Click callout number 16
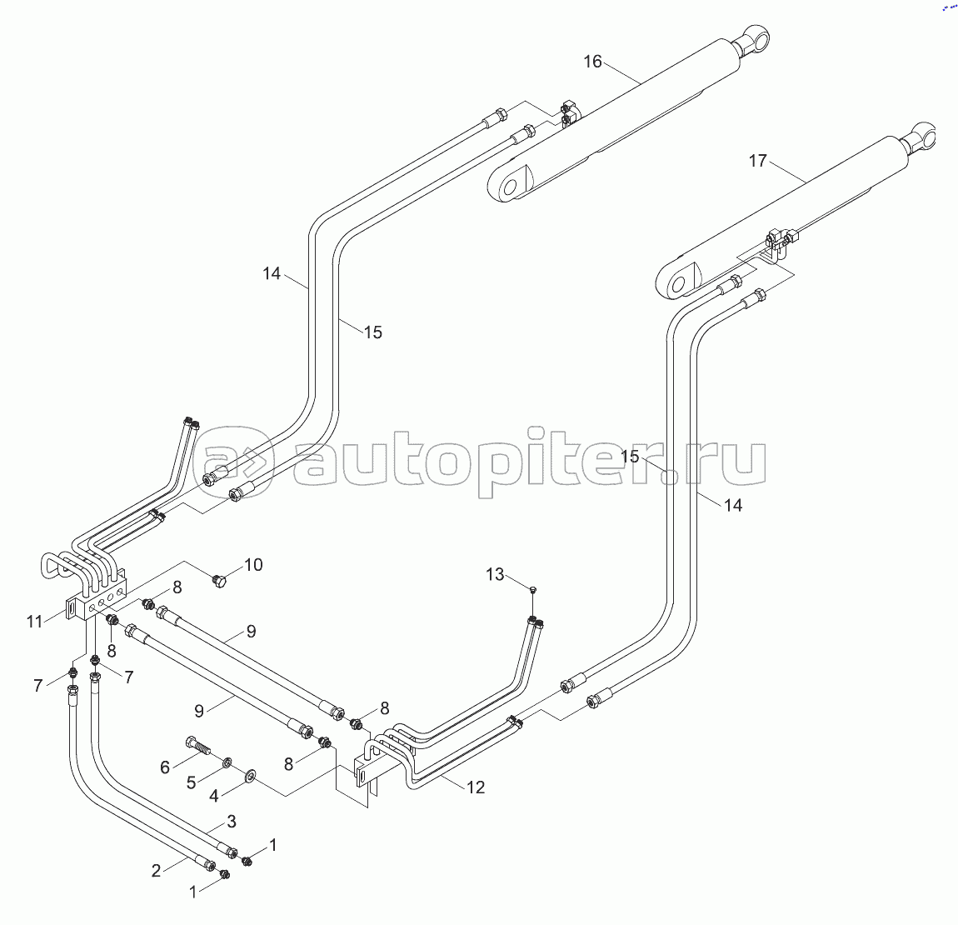pyautogui.click(x=592, y=62)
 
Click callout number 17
pyautogui.click(x=757, y=161)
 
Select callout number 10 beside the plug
pyautogui.click(x=253, y=564)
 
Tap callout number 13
pyautogui.click(x=495, y=574)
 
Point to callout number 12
pyautogui.click(x=476, y=787)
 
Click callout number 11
pyautogui.click(x=35, y=622)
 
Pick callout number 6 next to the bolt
pyautogui.click(x=164, y=767)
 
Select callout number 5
pyautogui.click(x=192, y=782)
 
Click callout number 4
pyautogui.click(x=214, y=796)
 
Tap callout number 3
pyautogui.click(x=232, y=821)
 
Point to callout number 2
pyautogui.click(x=156, y=871)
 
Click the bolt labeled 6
pyautogui.click(x=197, y=747)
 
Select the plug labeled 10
pyautogui.click(x=218, y=579)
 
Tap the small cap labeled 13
pyautogui.click(x=533, y=588)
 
